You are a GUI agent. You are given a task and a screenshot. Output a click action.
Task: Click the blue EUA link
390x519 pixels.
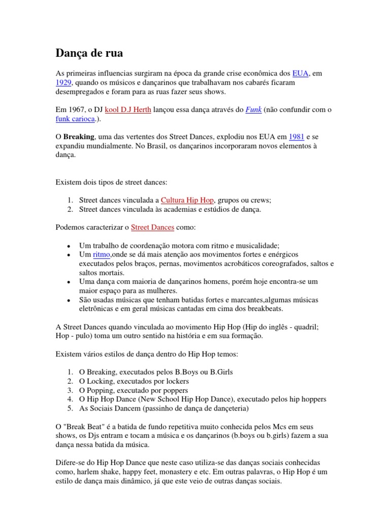pyautogui.click(x=300, y=73)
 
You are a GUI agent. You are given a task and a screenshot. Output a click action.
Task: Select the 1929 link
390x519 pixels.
pyautogui.click(x=63, y=83)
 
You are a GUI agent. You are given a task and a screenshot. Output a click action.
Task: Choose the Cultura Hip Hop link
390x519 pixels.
pyautogui.click(x=187, y=200)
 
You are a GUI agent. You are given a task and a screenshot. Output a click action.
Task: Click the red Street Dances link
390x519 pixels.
pyautogui.click(x=152, y=228)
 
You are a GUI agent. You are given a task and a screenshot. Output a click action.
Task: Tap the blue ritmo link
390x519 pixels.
pyautogui.click(x=102, y=254)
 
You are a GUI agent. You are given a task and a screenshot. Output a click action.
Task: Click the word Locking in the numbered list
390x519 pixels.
pyautogui.click(x=101, y=381)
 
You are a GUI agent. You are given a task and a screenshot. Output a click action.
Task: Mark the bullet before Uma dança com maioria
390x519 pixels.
pyautogui.click(x=68, y=282)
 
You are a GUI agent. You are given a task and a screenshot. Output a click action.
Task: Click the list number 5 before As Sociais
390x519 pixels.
pyautogui.click(x=69, y=409)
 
